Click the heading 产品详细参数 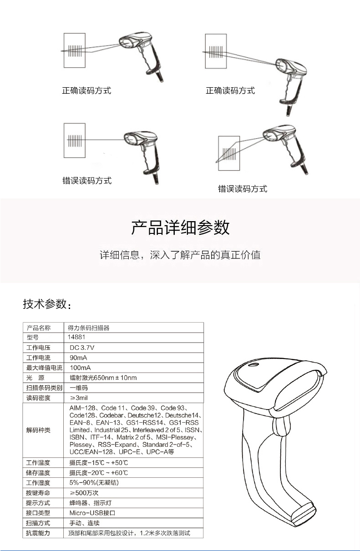click(x=180, y=227)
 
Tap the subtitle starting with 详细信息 click(x=180, y=255)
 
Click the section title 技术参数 click(x=47, y=304)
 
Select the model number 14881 click(x=76, y=337)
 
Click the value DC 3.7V click(x=82, y=348)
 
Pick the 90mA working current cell click(x=78, y=358)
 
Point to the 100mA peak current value click(x=80, y=368)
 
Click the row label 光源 click(x=35, y=378)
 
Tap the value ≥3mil click(x=79, y=398)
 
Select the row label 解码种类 click(x=38, y=430)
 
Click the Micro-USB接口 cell click(x=92, y=513)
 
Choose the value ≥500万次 click(x=84, y=493)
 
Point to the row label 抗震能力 click(x=38, y=533)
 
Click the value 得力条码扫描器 click(x=89, y=328)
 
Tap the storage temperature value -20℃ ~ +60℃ click(x=98, y=473)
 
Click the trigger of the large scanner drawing click(x=280, y=426)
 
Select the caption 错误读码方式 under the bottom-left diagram click(x=87, y=181)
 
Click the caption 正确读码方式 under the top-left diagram click(x=86, y=91)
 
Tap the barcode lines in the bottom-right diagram click(x=229, y=154)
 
